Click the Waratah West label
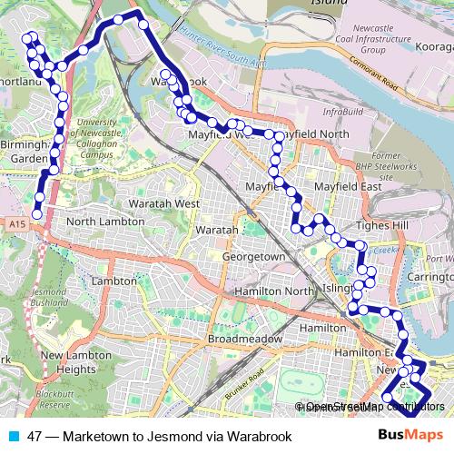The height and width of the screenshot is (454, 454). [164, 203]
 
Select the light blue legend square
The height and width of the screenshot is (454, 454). [13, 436]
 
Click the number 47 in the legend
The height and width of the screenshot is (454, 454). [35, 436]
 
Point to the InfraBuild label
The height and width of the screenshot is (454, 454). [342, 112]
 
